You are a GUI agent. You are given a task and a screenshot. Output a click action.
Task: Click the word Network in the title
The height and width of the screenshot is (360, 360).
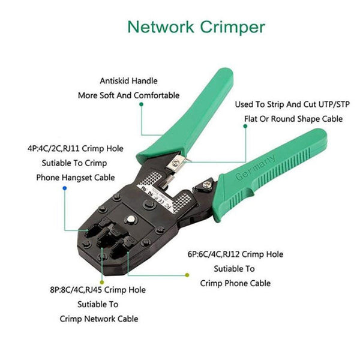[161, 27]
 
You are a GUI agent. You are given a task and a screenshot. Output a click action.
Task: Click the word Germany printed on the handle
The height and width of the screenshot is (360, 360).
[256, 166]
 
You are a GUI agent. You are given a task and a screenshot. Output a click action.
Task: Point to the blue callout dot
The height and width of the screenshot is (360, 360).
[64, 188]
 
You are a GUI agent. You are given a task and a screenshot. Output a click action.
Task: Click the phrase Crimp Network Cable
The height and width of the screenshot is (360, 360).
[99, 319]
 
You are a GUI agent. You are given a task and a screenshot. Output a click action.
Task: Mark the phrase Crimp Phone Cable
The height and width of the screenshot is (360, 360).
[235, 283]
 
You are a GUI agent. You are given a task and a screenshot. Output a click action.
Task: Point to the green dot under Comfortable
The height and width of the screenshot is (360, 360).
[142, 104]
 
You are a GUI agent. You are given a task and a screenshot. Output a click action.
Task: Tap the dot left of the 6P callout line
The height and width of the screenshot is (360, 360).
[187, 275]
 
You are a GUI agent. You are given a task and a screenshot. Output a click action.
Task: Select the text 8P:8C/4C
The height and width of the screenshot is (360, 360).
[68, 289]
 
